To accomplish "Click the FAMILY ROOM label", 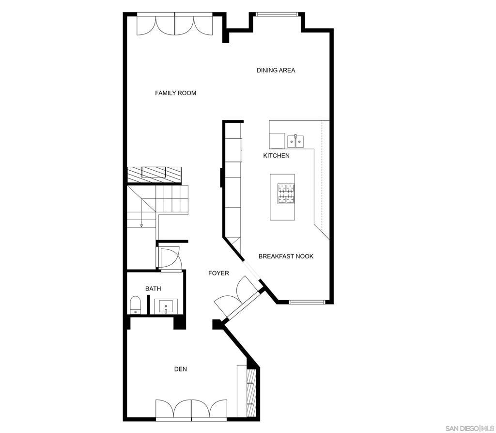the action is pos(175,93).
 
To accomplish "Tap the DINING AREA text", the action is pos(276,70).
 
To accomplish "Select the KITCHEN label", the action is pos(276,156).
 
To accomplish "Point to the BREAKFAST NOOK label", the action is pos(286,256).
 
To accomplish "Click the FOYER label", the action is pos(218,273).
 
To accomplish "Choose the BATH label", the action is pos(153,289).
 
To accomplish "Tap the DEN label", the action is pos(181,369).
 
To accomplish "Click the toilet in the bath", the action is pos(135,305).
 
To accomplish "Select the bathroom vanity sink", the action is pos(166,306).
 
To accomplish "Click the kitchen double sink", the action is pos(295,142).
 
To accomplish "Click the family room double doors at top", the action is pos(174,24).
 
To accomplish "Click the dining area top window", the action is pos(277,14).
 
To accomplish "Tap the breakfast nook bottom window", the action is pos(307,302).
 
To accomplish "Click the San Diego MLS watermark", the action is pos(469,429).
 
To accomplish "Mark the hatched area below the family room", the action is pos(155,175).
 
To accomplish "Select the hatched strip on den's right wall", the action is pos(251,393).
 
